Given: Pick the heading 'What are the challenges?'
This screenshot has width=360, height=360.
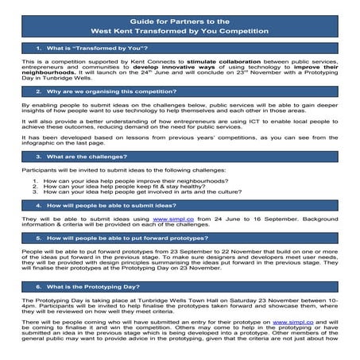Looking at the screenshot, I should point(80,157).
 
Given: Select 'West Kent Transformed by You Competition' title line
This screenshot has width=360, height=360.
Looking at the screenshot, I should point(180,32).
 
